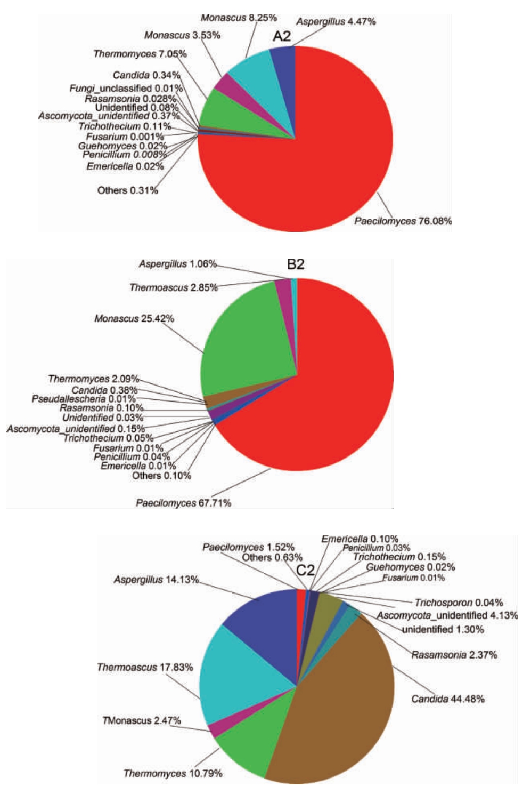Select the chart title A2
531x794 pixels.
click(x=282, y=36)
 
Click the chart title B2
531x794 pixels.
click(x=296, y=264)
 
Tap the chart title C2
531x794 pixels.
click(x=305, y=571)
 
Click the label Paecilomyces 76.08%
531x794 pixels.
click(x=403, y=221)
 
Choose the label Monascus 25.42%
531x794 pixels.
click(x=134, y=319)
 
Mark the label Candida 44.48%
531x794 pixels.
click(x=448, y=699)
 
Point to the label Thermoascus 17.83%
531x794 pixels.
click(x=145, y=667)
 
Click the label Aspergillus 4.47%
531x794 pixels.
click(x=336, y=22)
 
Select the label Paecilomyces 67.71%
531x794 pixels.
click(x=184, y=503)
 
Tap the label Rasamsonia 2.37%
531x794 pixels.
click(x=454, y=655)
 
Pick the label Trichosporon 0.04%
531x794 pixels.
click(x=459, y=603)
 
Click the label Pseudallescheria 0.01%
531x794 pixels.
click(x=84, y=399)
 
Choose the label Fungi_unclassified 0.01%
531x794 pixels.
click(x=126, y=88)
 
